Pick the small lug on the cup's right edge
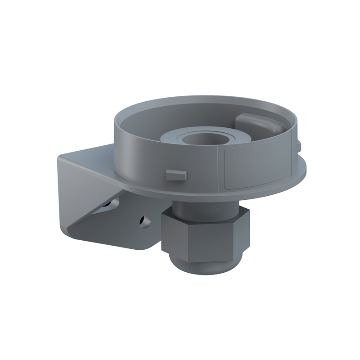tap(298, 144)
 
